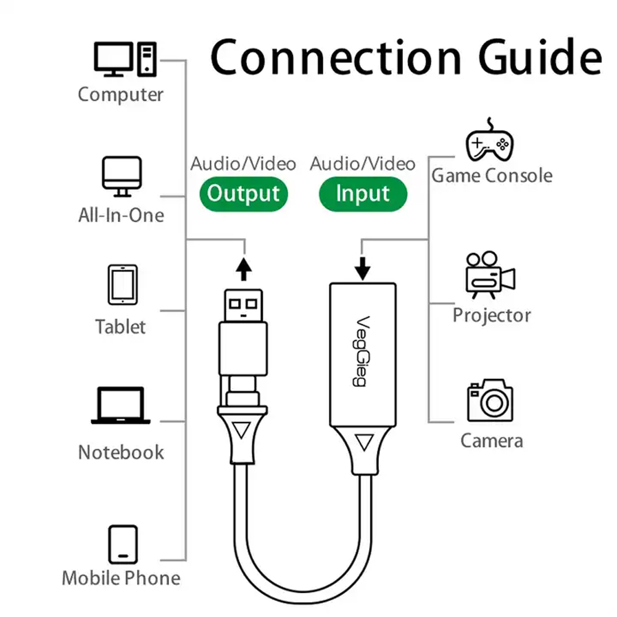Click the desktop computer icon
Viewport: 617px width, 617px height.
pos(125,59)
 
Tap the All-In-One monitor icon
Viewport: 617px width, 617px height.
pos(122,176)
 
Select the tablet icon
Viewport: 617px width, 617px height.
pos(123,284)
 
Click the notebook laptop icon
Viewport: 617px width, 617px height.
pos(121,405)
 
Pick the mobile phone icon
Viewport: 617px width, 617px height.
pos(123,545)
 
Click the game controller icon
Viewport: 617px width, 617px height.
pos(489,140)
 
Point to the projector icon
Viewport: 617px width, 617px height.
pos(491,275)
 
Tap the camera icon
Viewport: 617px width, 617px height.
pos(491,400)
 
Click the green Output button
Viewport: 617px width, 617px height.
pos(244,194)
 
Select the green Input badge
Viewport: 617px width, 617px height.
pos(363,194)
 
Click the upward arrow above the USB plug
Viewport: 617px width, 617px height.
pos(244,269)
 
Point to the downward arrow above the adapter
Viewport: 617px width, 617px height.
pos(362,268)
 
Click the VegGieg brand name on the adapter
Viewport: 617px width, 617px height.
pos(361,351)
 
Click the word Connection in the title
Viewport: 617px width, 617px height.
pos(336,57)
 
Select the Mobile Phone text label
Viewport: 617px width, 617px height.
pos(121,578)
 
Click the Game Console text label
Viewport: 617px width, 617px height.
pos(492,175)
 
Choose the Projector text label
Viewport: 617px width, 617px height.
pos(492,315)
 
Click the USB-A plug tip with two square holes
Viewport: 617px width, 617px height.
pos(243,306)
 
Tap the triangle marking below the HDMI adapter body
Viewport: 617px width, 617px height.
pos(364,442)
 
